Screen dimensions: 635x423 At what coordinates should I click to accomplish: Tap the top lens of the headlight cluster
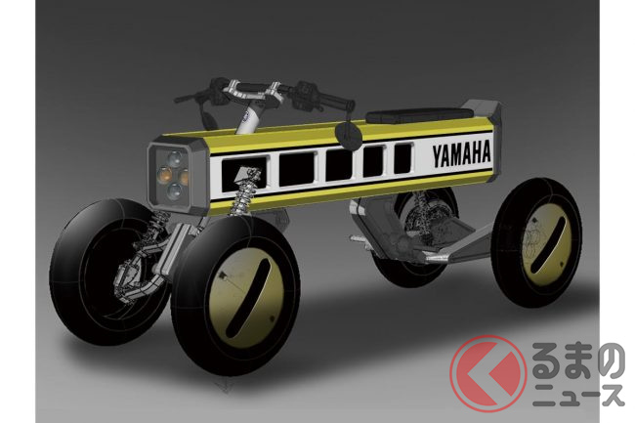pyautogui.click(x=175, y=158)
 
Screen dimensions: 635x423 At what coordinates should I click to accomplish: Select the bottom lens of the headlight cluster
pyautogui.click(x=175, y=190)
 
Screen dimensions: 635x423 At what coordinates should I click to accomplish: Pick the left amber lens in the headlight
pyautogui.click(x=164, y=174)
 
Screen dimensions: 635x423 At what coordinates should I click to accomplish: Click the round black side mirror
pyautogui.click(x=348, y=135)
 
